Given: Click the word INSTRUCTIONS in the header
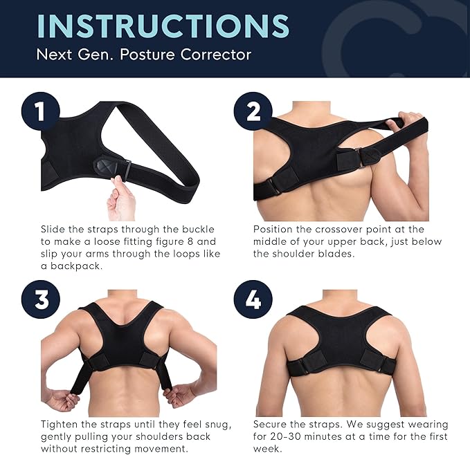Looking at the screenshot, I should (163, 26).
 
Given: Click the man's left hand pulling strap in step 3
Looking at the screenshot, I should (63, 400).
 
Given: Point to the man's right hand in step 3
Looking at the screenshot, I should (182, 396).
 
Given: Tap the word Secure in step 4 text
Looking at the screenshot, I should (273, 424).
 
